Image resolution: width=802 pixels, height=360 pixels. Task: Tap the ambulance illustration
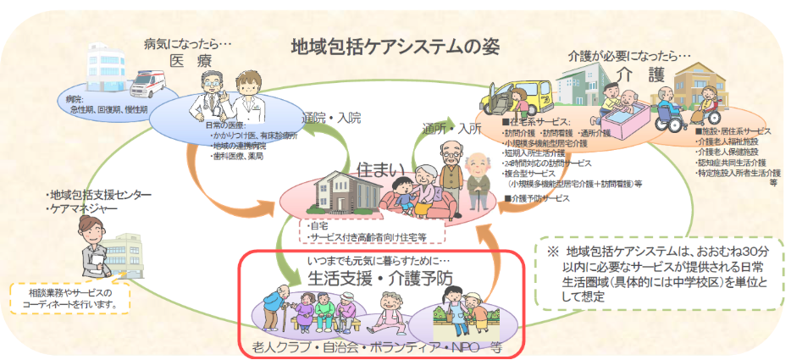[152, 81]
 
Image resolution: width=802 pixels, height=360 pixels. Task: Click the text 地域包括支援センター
[100, 196]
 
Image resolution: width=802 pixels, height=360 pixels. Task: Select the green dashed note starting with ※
[660, 274]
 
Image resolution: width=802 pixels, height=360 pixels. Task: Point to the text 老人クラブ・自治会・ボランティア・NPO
[373, 346]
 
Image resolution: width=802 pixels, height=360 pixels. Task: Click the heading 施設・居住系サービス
[734, 132]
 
